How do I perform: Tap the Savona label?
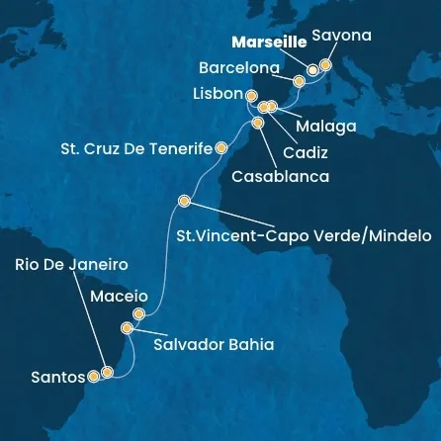pos(341,36)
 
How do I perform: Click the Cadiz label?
pos(304,154)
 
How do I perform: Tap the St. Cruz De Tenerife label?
pos(139,149)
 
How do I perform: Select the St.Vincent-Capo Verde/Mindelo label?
pos(303,236)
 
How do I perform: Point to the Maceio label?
pos(119,296)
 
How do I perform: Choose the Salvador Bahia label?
pos(213,345)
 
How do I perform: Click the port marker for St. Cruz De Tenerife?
pos(221,147)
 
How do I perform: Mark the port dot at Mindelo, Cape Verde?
pos(184,201)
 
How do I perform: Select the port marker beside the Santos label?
pos(94,376)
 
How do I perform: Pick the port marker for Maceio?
pos(138,314)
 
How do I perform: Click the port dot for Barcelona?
pos(299,82)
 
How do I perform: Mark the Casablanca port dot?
pos(258,124)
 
